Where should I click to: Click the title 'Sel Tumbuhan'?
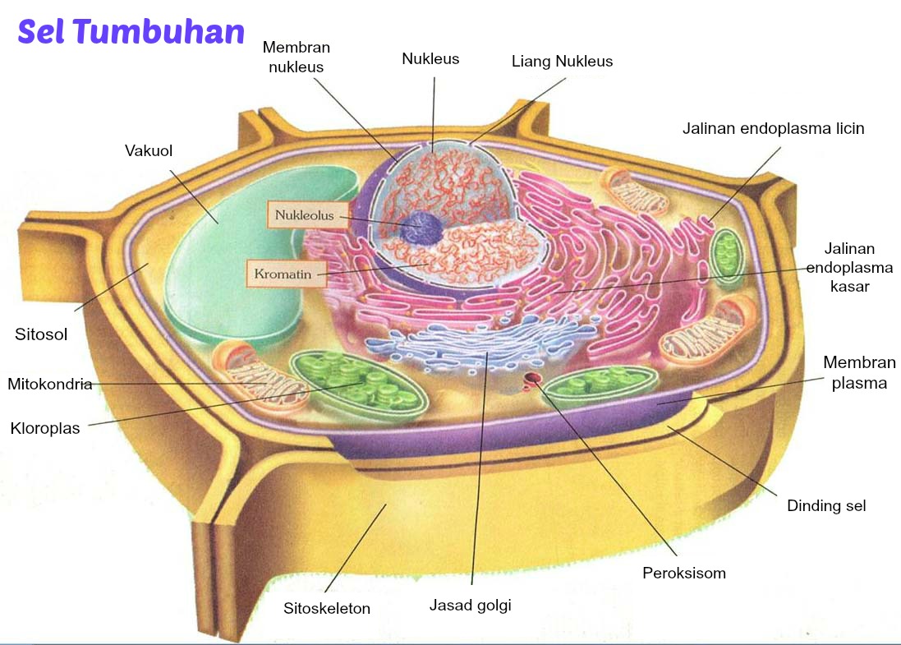tap(131, 32)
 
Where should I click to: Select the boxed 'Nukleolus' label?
tap(305, 215)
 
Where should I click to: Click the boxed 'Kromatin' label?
tap(287, 274)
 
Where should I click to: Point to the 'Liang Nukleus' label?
tap(562, 62)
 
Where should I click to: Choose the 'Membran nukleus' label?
tap(297, 58)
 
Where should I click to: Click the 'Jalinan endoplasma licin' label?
tap(773, 128)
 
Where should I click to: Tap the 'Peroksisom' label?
tap(684, 573)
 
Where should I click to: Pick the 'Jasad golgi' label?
tap(471, 606)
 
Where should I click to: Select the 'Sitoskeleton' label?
tap(327, 609)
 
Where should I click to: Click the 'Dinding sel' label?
tap(826, 505)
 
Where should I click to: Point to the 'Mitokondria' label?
tap(49, 384)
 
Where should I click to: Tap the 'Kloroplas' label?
tap(45, 428)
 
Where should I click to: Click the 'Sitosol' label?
tap(41, 334)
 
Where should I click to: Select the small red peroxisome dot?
tap(533, 379)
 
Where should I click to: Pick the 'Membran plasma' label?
tap(859, 372)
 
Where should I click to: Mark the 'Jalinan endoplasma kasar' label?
tap(849, 267)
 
